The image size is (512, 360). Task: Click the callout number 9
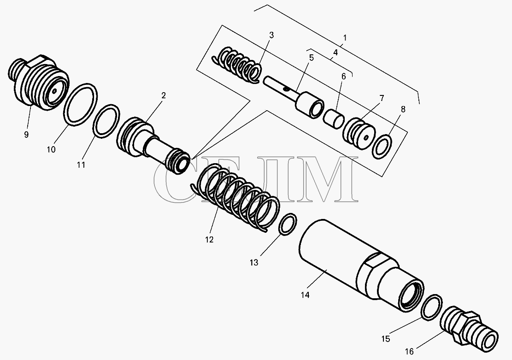click(26, 134)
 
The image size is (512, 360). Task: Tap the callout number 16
click(409, 352)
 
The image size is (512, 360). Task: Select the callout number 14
click(305, 295)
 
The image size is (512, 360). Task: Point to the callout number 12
click(209, 239)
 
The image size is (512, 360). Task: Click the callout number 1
click(345, 38)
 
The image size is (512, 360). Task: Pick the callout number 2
click(163, 95)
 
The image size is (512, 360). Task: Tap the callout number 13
click(254, 262)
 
